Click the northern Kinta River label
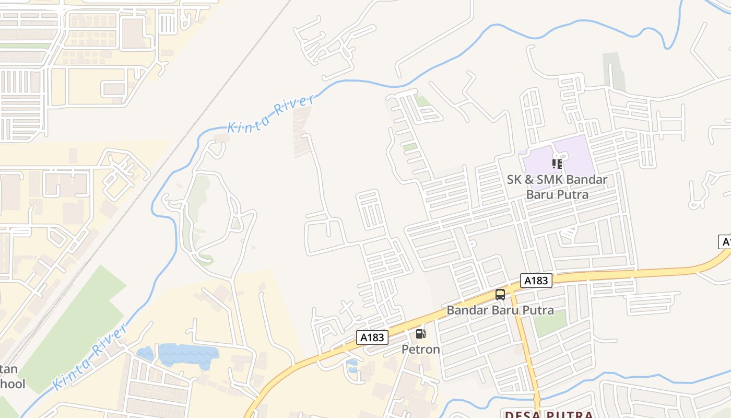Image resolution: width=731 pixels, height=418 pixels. (x=270, y=113)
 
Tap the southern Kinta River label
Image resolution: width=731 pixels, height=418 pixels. (x=90, y=357)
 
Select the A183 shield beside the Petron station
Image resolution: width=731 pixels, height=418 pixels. (x=372, y=338)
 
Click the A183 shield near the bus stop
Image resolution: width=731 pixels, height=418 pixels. (x=536, y=281)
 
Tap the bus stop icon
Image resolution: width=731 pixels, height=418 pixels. (x=500, y=295)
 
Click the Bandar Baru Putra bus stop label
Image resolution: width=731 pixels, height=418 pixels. (x=500, y=310)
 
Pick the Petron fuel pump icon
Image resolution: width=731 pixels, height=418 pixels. (x=420, y=334)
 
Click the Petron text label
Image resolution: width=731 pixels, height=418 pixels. (x=420, y=349)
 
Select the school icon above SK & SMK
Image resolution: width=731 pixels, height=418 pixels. (x=557, y=164)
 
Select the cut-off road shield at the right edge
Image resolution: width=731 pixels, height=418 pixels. (x=725, y=242)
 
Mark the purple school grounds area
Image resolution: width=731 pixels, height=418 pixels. (x=574, y=152)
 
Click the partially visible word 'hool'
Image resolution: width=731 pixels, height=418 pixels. (x=13, y=384)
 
